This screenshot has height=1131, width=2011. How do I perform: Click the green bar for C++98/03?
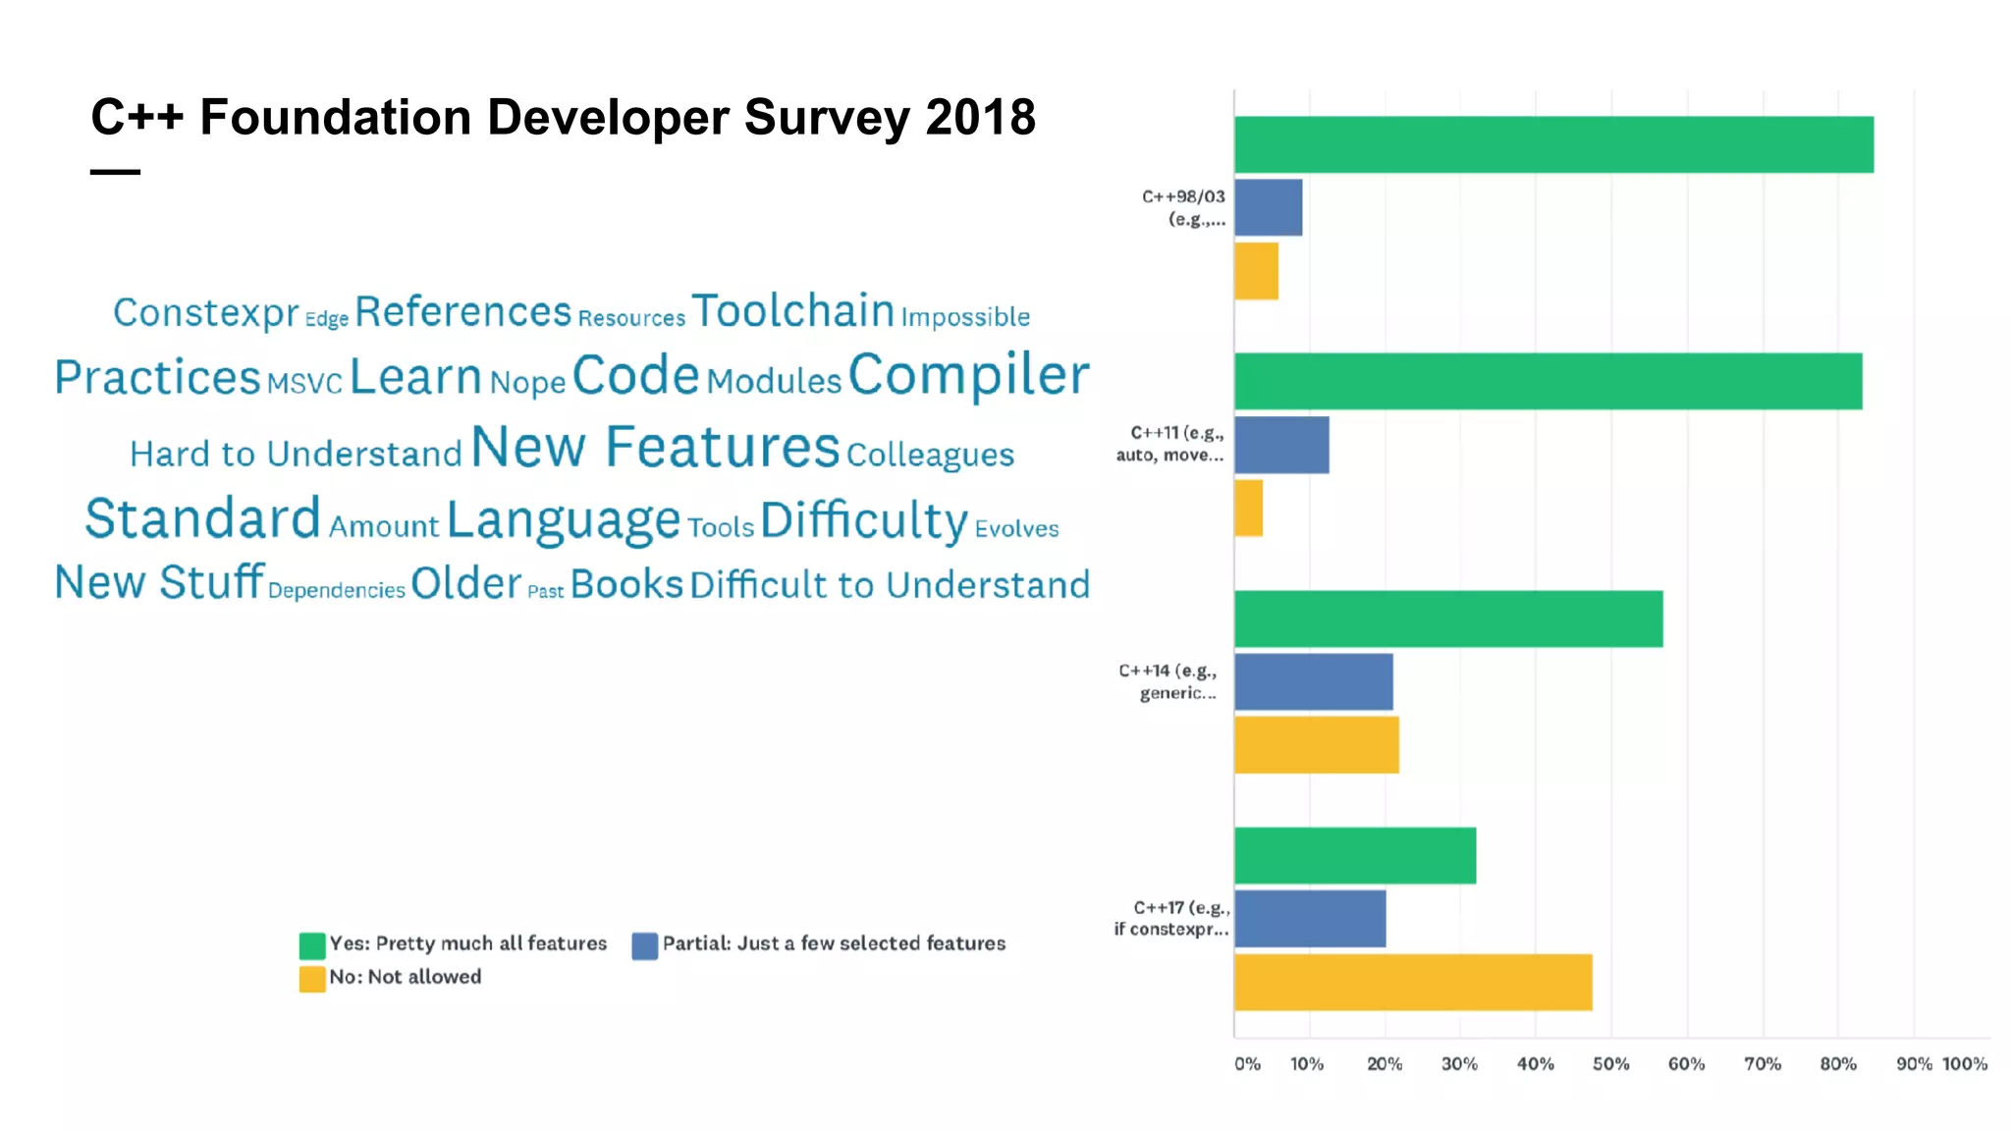[x=1553, y=144]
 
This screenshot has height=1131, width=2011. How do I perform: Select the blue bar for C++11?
[x=1281, y=445]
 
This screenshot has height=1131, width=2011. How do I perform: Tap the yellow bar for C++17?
[x=1413, y=982]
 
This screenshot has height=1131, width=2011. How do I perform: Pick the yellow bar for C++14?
[x=1316, y=745]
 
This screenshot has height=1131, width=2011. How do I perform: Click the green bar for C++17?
[x=1355, y=855]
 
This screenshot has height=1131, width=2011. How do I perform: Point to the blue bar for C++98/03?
[x=1268, y=207]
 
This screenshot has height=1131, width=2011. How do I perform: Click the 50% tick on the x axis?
[x=1610, y=1063]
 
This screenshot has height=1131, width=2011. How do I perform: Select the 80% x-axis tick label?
[x=1837, y=1063]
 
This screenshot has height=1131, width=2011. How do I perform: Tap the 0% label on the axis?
[x=1247, y=1063]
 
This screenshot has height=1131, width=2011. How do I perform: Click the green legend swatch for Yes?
[x=312, y=945]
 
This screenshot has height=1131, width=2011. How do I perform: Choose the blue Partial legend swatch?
[x=644, y=945]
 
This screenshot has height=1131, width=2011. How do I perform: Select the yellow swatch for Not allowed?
[x=312, y=979]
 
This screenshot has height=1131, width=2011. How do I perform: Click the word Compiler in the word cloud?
[x=968, y=375]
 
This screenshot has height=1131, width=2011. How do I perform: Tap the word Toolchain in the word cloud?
[x=792, y=311]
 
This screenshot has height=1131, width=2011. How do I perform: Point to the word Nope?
[x=527, y=382]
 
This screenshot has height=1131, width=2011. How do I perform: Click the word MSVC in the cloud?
[x=304, y=383]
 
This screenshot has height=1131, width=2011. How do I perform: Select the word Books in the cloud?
[x=626, y=584]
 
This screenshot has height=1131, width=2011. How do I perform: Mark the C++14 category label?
[x=1169, y=681]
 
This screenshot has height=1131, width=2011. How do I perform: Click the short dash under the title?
[x=115, y=172]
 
